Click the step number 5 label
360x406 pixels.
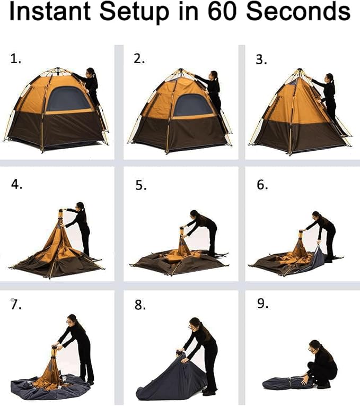point(139,185)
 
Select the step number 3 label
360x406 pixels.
point(261,59)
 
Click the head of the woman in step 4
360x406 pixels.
point(80,206)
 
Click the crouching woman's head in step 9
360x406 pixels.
point(315,345)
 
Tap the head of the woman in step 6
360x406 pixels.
point(316,217)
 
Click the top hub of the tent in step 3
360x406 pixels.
point(300,71)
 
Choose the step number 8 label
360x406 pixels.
point(139,305)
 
